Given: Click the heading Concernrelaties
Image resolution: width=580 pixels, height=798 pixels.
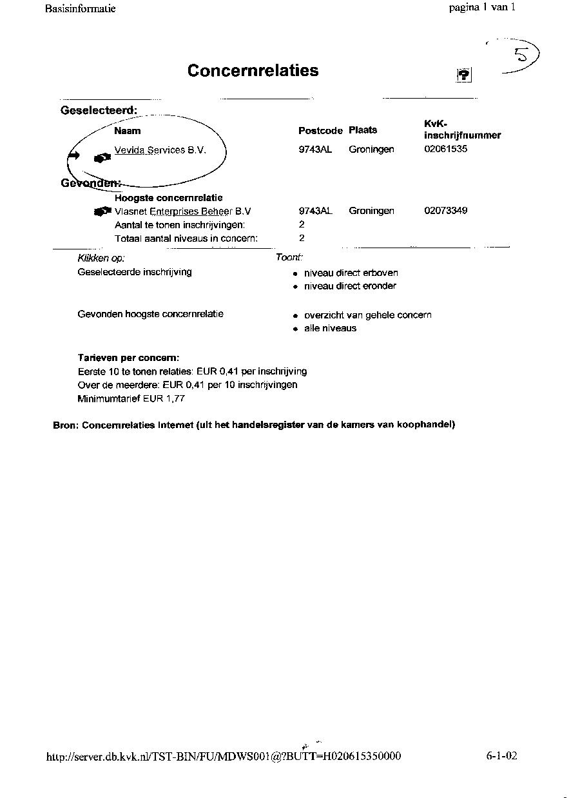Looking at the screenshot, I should [x=253, y=70].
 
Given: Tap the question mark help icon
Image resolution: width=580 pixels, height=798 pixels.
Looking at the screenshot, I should [x=464, y=75].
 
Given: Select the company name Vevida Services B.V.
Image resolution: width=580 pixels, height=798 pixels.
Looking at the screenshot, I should [x=160, y=150].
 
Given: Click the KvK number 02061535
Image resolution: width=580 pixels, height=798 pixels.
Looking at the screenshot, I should [x=446, y=149].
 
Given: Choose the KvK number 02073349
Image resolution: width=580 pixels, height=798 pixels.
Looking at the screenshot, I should [x=446, y=211].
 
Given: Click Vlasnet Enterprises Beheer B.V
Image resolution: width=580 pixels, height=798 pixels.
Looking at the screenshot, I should [x=182, y=211].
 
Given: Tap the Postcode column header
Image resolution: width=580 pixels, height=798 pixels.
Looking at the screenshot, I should [x=320, y=130].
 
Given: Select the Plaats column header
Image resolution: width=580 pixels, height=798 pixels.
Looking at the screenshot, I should [x=363, y=130].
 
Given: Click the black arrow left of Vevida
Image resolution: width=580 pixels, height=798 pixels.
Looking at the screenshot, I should [x=73, y=155].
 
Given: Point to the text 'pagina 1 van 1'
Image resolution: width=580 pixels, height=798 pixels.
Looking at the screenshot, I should [x=483, y=8].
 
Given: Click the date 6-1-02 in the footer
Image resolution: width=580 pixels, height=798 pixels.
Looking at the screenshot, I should [x=502, y=755].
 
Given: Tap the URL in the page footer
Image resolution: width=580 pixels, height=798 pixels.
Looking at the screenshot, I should [x=224, y=756].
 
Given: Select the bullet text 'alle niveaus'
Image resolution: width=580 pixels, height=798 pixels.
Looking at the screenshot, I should [x=330, y=328].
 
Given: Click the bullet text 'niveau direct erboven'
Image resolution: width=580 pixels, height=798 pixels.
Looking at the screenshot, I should [x=351, y=273].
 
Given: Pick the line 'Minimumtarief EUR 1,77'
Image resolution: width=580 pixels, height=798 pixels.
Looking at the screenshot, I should [x=131, y=398].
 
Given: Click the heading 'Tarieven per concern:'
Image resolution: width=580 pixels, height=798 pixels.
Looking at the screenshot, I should [x=128, y=357].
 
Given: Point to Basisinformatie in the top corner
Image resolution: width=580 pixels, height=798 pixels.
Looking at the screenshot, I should [x=81, y=9].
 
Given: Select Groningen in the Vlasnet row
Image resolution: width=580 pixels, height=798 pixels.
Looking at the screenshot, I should [x=371, y=211].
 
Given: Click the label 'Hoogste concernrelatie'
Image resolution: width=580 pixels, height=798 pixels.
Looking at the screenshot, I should [x=168, y=197].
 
